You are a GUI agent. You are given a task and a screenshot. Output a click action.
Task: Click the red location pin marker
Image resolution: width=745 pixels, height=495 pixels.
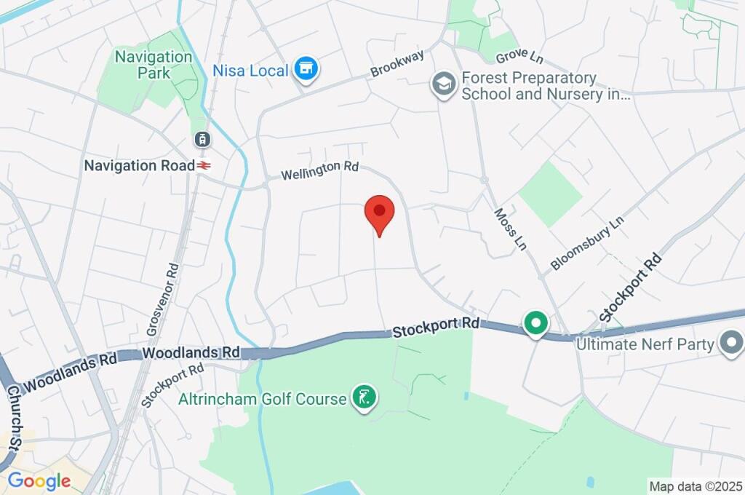click(379, 213)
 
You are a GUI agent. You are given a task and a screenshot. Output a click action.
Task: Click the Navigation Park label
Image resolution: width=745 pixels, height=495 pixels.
click(154, 65)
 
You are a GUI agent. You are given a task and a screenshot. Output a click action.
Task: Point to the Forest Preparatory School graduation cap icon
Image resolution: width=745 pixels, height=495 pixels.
click(442, 84)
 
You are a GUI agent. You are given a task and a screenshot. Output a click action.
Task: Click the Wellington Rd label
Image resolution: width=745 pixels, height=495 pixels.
click(320, 170)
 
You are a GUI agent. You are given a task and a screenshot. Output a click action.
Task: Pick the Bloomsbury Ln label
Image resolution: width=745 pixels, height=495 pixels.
click(587, 242)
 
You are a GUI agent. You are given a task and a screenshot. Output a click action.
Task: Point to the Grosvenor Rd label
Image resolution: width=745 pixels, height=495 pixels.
click(163, 298)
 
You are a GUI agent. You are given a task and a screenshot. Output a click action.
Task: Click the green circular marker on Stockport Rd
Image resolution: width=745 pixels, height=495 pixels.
click(536, 323)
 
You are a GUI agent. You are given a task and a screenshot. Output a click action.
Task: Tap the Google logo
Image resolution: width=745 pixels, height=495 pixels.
click(39, 480)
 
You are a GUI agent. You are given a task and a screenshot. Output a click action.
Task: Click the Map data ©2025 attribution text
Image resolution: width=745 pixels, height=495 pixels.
click(695, 486)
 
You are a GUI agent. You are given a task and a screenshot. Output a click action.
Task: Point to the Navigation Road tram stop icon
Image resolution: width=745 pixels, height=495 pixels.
click(202, 138)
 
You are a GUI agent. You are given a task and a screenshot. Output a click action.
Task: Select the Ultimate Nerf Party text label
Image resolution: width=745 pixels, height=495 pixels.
click(645, 344)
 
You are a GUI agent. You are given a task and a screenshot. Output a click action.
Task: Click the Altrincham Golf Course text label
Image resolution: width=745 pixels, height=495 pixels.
click(263, 399)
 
